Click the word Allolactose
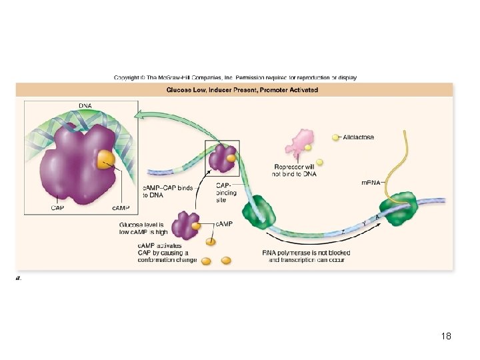(x=358, y=137)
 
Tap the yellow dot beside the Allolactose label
(x=336, y=138)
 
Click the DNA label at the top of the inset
(x=85, y=105)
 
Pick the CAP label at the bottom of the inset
(x=58, y=207)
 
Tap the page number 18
(x=446, y=336)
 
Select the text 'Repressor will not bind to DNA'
(x=294, y=170)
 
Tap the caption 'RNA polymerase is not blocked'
(x=306, y=253)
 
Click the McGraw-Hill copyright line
(x=235, y=77)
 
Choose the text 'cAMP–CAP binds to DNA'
(x=167, y=191)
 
